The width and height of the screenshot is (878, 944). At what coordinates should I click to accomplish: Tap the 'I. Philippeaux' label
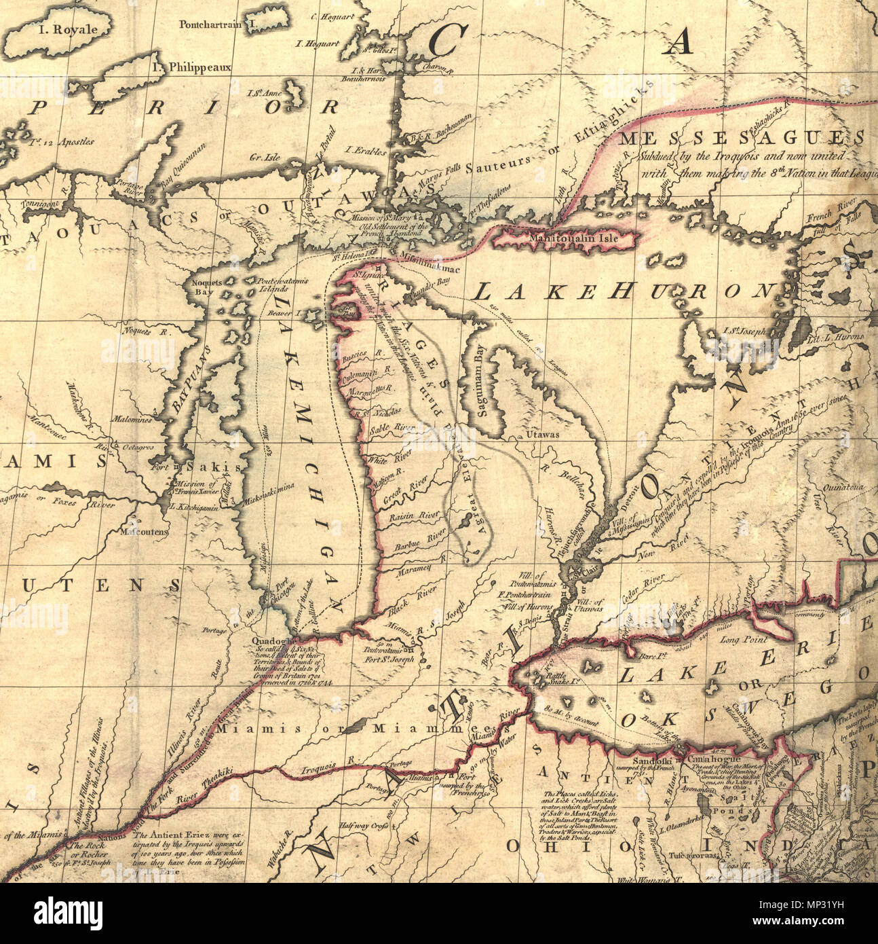point(191,67)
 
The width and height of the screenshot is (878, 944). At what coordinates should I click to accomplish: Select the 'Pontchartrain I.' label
point(214,25)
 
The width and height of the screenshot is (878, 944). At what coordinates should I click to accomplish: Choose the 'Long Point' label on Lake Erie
point(744,639)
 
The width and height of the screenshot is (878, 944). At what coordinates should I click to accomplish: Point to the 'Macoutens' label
point(144,532)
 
